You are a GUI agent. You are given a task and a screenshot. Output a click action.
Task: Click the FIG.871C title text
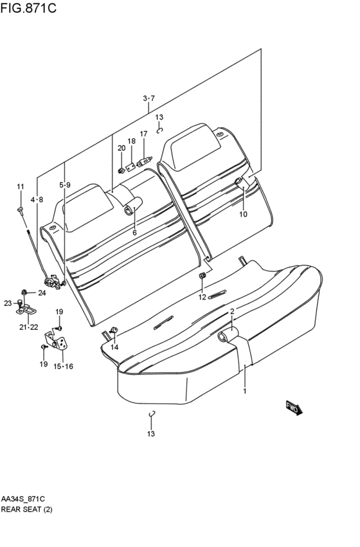tap(28, 8)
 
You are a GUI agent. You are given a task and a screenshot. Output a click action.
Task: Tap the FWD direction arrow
tap(294, 408)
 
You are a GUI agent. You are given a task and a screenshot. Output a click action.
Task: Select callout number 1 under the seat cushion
tap(245, 391)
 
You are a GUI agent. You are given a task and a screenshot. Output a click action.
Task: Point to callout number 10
tap(243, 214)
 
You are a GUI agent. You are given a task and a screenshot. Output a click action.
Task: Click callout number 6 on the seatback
tap(134, 233)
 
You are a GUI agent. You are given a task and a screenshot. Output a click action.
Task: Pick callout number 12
tap(203, 297)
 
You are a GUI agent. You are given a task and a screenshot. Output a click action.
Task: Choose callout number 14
tap(114, 347)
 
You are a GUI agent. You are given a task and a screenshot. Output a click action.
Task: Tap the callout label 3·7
tap(148, 98)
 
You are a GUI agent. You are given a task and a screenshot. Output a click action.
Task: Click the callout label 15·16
tap(63, 366)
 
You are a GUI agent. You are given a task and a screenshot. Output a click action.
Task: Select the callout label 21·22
tap(28, 327)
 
